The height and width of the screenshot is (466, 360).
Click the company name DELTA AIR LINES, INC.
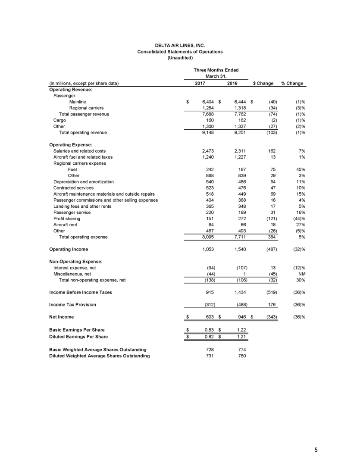(x=180, y=45)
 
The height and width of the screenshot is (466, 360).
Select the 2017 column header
(x=200, y=83)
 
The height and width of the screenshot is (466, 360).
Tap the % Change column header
(x=292, y=83)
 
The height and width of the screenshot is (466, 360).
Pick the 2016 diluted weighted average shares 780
(x=242, y=356)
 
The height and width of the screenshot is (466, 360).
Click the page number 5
(x=316, y=450)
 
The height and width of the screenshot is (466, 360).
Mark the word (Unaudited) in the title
(x=180, y=58)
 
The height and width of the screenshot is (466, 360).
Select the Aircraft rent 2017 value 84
(x=210, y=225)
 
